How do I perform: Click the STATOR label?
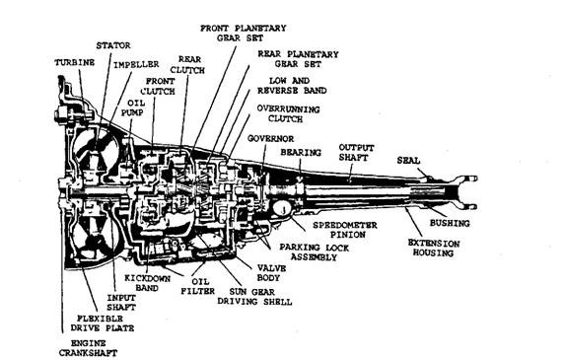pyautogui.click(x=113, y=45)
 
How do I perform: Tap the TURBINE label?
pyautogui.click(x=75, y=63)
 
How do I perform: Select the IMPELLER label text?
pyautogui.click(x=136, y=65)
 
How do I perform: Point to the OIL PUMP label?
pyautogui.click(x=132, y=108)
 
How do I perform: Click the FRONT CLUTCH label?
pyautogui.click(x=158, y=87)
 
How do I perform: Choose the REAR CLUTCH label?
pyautogui.click(x=187, y=65)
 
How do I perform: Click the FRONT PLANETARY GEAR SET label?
pyautogui.click(x=244, y=34)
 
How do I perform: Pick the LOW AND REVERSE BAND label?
pyautogui.click(x=292, y=86)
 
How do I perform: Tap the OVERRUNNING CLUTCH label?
pyautogui.click(x=288, y=113)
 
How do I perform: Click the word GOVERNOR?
pyautogui.click(x=270, y=139)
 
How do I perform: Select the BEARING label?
pyautogui.click(x=301, y=153)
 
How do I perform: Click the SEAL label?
pyautogui.click(x=408, y=161)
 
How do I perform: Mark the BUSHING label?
pyautogui.click(x=450, y=224)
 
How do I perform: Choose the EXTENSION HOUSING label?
pyautogui.click(x=434, y=249)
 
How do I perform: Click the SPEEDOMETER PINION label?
pyautogui.click(x=345, y=230)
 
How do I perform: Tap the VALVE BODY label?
pyautogui.click(x=272, y=273)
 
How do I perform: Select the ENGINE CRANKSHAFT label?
pyautogui.click(x=89, y=348)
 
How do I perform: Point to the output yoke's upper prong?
pyautogui.click(x=467, y=179)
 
